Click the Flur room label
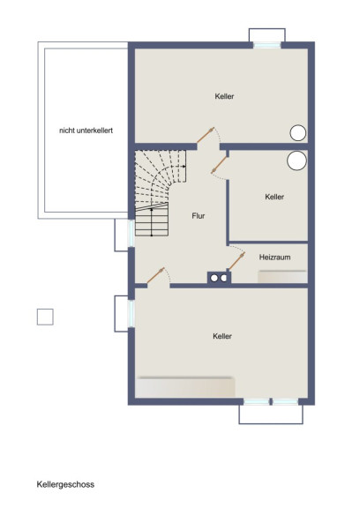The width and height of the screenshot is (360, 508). click(198, 216)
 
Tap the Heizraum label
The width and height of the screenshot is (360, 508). click(274, 258)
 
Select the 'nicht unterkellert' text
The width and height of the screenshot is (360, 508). click(86, 131)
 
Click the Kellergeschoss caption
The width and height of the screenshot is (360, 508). click(65, 484)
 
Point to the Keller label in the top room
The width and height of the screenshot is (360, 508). click(224, 96)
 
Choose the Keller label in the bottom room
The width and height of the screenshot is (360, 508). click(222, 336)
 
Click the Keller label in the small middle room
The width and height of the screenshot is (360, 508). click(274, 197)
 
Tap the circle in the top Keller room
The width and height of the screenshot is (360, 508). click(297, 133)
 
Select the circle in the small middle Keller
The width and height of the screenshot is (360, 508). click(296, 161)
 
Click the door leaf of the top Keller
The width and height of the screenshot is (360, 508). click(206, 135)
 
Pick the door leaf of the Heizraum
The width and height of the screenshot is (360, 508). click(236, 261)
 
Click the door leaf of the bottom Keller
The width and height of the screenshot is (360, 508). click(155, 275)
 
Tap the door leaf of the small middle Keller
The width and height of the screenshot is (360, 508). click(219, 165)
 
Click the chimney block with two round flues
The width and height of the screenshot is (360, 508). click(219, 278)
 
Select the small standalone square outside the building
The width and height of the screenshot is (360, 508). click(45, 317)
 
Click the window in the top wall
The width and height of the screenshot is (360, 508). click(267, 46)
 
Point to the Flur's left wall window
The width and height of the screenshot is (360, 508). click(131, 233)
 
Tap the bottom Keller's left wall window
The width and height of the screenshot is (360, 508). click(131, 314)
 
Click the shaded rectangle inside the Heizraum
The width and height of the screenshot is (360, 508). click(282, 276)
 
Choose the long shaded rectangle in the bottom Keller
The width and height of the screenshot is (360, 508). click(185, 387)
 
